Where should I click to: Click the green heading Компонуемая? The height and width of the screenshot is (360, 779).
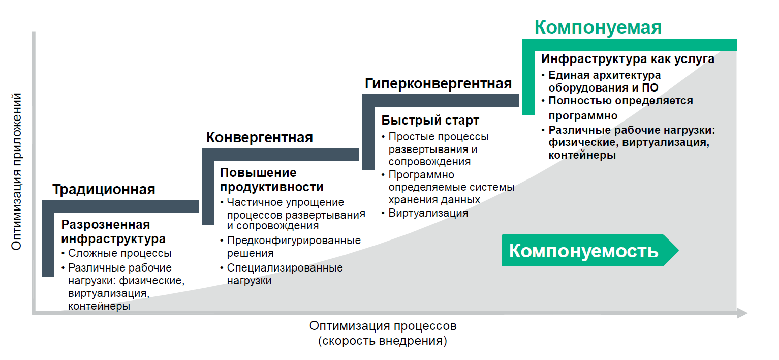(598, 27)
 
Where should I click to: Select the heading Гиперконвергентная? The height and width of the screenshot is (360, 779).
(438, 84)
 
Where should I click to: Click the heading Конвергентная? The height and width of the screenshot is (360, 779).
(259, 137)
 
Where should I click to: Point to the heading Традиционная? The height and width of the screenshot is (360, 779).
(104, 190)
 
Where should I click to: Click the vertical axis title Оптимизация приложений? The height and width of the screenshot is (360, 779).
(16, 171)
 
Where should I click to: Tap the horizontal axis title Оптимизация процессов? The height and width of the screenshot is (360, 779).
(383, 325)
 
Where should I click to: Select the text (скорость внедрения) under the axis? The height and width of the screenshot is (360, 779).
(383, 341)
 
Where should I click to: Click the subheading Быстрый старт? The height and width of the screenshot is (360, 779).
(430, 121)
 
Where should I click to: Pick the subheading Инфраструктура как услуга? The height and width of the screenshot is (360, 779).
(628, 59)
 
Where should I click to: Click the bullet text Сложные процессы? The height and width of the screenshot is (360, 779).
(119, 253)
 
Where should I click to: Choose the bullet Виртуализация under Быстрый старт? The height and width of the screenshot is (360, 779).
(428, 213)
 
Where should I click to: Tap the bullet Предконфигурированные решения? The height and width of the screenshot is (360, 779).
(293, 246)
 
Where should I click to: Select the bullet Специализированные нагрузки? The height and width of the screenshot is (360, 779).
(285, 274)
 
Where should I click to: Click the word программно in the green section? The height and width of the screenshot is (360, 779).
(583, 115)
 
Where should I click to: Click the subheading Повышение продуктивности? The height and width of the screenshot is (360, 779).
(271, 179)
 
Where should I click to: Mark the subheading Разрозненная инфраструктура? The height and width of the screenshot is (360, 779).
(113, 231)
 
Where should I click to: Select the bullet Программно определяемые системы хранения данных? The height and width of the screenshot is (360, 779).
(451, 187)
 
